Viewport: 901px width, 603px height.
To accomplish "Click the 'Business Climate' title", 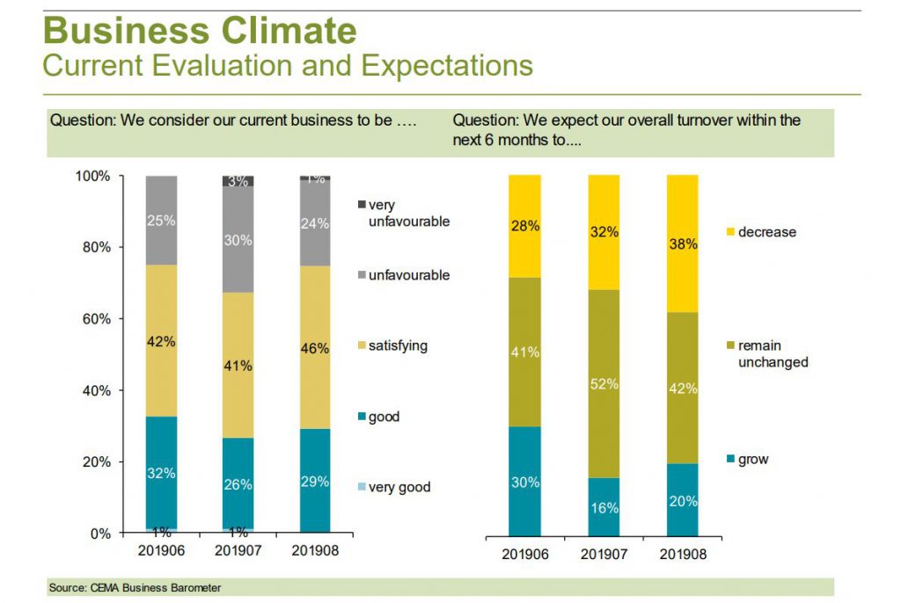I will (x=200, y=31).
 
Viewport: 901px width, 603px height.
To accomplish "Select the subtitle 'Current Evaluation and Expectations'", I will (x=287, y=66).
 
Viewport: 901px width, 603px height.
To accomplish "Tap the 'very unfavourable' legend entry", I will (x=407, y=213).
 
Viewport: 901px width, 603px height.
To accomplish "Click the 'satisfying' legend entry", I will (x=397, y=345).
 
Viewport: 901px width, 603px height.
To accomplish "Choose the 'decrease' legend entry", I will (x=766, y=232).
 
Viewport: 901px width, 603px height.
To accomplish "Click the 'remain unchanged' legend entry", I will (x=771, y=353).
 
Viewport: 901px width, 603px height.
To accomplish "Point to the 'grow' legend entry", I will (x=753, y=460).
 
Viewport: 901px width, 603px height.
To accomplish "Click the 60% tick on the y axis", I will (x=92, y=319).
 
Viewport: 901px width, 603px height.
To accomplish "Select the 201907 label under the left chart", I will (x=238, y=550).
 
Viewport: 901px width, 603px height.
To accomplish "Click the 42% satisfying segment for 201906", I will (x=162, y=341).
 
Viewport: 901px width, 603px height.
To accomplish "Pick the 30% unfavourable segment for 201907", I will (x=238, y=239).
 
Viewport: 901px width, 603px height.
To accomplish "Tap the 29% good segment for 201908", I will (x=314, y=481).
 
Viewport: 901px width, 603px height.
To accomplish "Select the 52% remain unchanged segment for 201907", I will (x=604, y=383).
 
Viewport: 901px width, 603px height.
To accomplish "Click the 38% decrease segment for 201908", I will (x=682, y=243).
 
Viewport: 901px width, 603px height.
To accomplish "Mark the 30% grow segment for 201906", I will (x=524, y=482).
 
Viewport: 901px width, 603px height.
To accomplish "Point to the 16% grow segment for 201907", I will (x=604, y=507).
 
